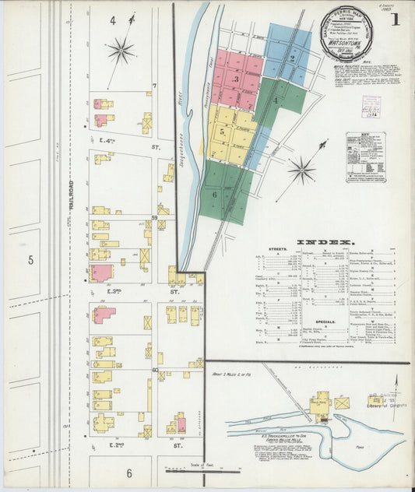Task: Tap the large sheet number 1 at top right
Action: click(x=395, y=19)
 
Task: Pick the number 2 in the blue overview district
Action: click(x=292, y=58)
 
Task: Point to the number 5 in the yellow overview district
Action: click(x=222, y=132)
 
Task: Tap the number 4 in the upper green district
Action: click(x=276, y=100)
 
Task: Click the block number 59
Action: click(x=155, y=217)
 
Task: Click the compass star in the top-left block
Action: click(x=121, y=51)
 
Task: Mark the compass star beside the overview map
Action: click(x=301, y=169)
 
